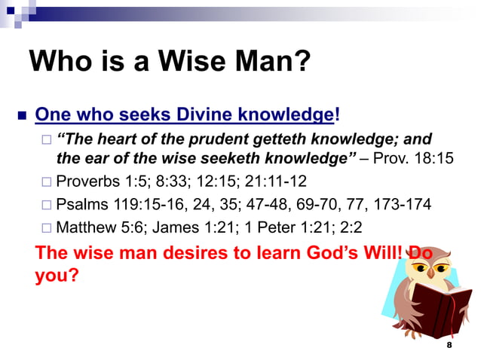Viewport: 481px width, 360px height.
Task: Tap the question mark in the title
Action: coord(303,60)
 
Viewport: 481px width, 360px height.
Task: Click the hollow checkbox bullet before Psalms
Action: coord(46,205)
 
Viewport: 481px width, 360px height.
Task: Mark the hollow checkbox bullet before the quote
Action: coord(46,140)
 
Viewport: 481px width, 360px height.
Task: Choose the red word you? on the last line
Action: coord(57,276)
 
